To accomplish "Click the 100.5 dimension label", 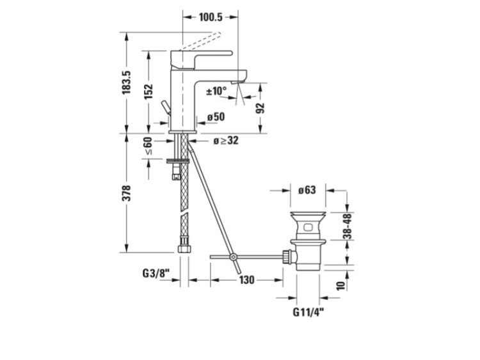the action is (211, 17).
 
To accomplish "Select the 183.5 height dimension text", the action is (127, 82).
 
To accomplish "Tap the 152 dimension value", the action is (148, 91).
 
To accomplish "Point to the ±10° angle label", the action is (216, 91).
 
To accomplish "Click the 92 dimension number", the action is (260, 108).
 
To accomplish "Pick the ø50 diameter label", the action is (216, 116).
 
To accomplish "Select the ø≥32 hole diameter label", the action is (226, 141).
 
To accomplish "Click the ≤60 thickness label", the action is (148, 146).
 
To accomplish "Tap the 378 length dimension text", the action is (127, 193).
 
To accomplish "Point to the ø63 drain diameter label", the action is (307, 190).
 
